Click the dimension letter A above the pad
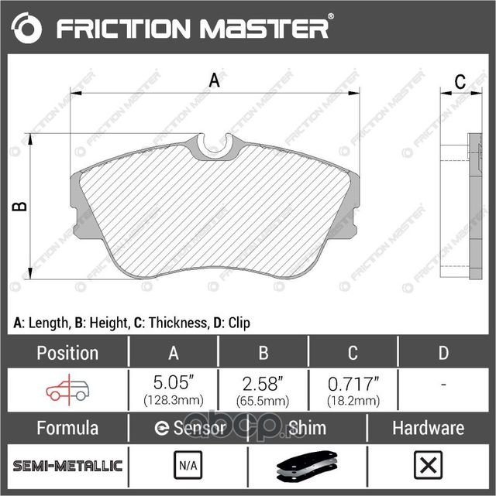(214, 80)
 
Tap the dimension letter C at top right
(459, 81)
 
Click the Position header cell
(68, 353)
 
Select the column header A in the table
(174, 353)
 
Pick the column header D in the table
(443, 353)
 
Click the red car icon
(67, 390)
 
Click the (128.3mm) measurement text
(174, 401)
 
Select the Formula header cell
(68, 428)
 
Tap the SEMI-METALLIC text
(68, 466)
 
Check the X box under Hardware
(427, 466)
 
